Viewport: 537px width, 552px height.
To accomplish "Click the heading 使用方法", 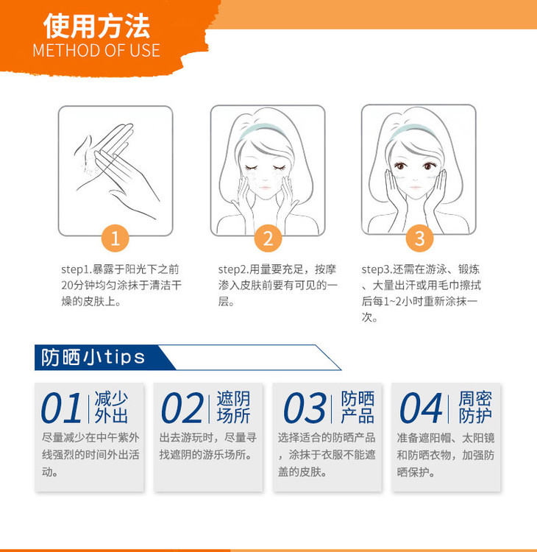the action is click(97, 26).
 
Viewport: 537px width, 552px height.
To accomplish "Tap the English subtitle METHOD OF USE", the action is click(96, 50).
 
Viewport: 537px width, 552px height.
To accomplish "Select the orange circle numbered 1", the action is click(115, 238).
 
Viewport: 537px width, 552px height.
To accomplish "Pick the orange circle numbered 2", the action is click(268, 238).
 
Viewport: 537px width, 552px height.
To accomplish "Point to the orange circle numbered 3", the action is click(419, 238).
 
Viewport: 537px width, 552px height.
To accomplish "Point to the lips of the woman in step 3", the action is click(415, 187).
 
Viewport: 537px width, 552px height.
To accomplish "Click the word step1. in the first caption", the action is click(77, 269).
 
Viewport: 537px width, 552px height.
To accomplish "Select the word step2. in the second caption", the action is click(234, 269).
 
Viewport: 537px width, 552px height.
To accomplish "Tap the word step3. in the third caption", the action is click(377, 269).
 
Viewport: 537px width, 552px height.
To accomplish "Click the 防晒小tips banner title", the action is click(93, 357).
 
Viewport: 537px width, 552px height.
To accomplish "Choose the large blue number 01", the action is click(62, 408).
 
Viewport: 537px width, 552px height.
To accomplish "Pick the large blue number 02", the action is click(182, 408).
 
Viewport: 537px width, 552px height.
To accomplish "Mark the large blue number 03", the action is click(305, 408).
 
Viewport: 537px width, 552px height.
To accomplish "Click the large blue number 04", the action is click(421, 408).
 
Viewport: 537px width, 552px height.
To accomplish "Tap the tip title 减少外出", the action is click(111, 407).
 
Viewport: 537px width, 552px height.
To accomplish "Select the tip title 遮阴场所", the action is click(233, 407).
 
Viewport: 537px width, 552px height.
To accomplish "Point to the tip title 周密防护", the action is click(475, 407).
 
